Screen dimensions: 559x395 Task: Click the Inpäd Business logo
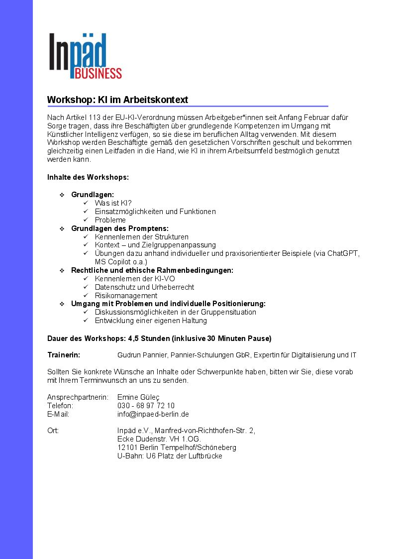[85, 56]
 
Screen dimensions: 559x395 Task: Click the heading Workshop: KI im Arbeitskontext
[117, 100]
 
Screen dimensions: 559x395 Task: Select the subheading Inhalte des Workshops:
[88, 177]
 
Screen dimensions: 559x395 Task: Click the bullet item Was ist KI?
[113, 203]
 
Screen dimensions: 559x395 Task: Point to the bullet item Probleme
[110, 220]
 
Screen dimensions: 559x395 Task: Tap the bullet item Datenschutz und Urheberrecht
[144, 287]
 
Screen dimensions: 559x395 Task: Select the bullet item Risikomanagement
[126, 296]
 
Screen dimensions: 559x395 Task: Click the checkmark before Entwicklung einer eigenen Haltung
[86, 321]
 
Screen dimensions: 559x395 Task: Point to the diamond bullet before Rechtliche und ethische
[62, 270]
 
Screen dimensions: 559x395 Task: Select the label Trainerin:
[64, 355]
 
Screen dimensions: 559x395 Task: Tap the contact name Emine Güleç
[138, 397]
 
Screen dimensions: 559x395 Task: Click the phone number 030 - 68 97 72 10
[146, 406]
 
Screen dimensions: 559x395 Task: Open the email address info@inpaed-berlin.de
[153, 414]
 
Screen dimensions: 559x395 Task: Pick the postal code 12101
[127, 447]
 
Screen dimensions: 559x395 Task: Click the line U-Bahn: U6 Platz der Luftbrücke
[170, 456]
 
